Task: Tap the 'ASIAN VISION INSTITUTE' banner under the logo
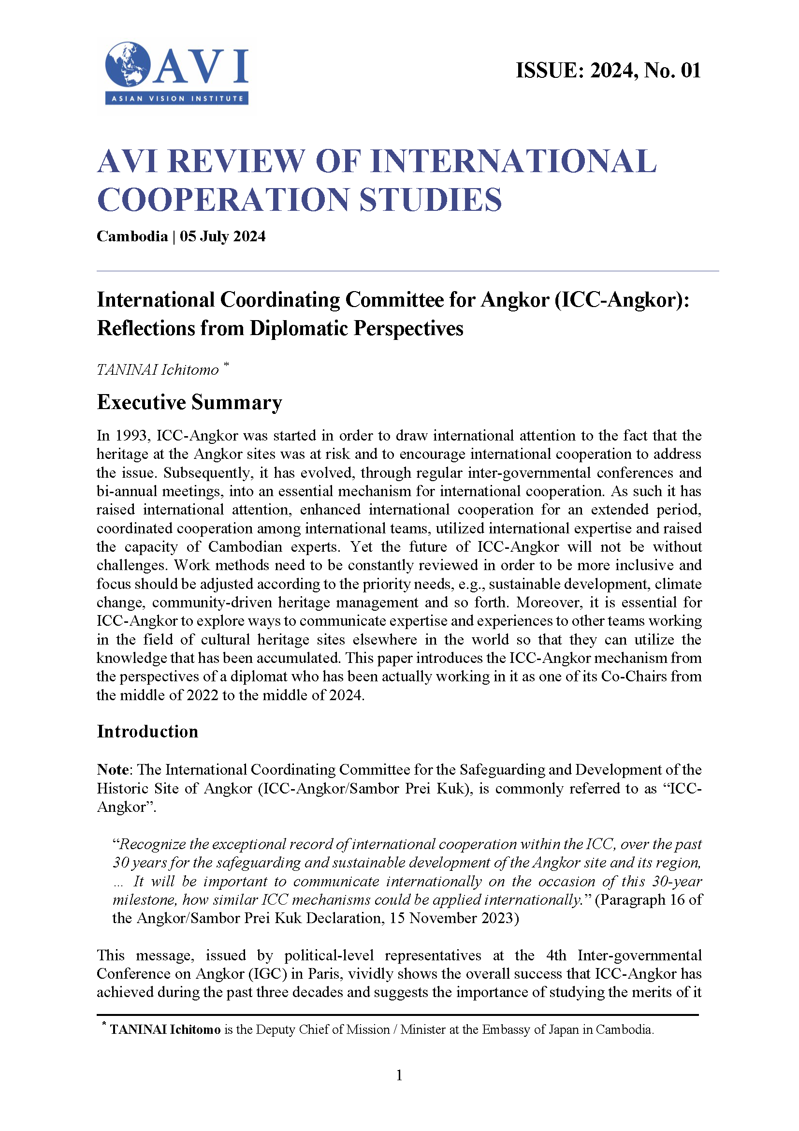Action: pyautogui.click(x=177, y=99)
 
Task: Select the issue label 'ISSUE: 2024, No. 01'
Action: pyautogui.click(x=608, y=71)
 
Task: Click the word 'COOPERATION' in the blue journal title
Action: pyautogui.click(x=223, y=200)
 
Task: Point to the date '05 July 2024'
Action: pyautogui.click(x=222, y=236)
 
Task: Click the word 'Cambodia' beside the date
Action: pyautogui.click(x=132, y=236)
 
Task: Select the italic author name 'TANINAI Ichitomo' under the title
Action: pyautogui.click(x=158, y=370)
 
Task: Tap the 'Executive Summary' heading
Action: pyautogui.click(x=189, y=402)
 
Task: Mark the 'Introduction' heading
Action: pyautogui.click(x=148, y=732)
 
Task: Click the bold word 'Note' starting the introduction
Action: pyautogui.click(x=113, y=770)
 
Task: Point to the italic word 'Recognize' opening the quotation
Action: pyautogui.click(x=153, y=844)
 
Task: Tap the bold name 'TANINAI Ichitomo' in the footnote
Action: pyautogui.click(x=165, y=1029)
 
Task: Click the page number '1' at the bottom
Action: pyautogui.click(x=399, y=1075)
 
